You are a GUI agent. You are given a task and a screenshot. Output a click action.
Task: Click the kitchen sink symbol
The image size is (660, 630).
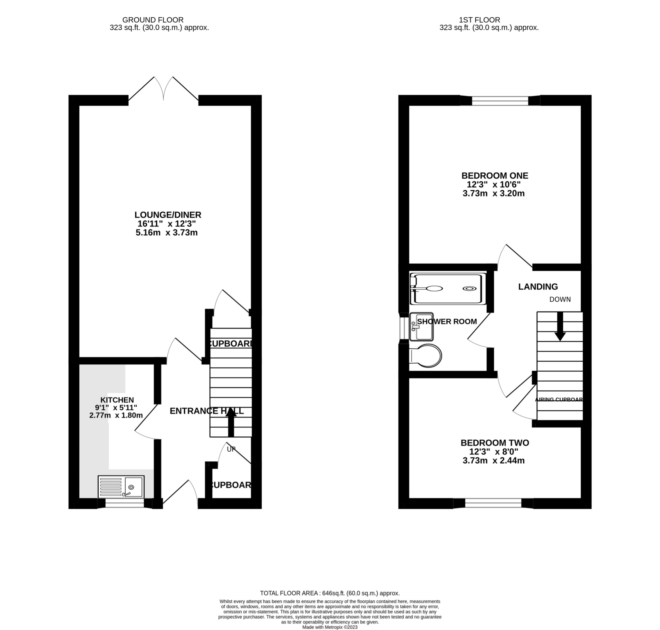[121, 486]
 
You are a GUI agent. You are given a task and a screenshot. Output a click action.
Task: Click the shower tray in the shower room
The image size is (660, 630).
[447, 289]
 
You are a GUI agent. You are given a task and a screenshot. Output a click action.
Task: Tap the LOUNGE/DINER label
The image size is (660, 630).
[168, 215]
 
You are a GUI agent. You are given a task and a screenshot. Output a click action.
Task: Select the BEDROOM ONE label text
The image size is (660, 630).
[494, 175]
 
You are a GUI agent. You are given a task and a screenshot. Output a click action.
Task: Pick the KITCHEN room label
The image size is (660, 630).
[117, 400]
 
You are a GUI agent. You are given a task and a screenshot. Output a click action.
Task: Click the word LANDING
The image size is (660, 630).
[538, 286]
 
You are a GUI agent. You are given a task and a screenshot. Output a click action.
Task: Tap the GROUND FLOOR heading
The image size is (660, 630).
[153, 20]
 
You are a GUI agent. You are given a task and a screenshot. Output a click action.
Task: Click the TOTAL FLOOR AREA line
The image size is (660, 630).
[330, 593]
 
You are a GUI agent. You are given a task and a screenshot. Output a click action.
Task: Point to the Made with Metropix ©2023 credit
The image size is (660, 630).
[330, 627]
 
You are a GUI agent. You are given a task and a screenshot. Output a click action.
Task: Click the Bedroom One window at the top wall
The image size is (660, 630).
[500, 100]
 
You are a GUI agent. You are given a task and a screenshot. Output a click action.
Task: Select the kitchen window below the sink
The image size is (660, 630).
[124, 503]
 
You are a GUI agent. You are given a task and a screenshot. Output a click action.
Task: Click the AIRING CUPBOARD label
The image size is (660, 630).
[558, 400]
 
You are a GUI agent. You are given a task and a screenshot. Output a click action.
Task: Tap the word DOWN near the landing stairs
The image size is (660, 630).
[560, 299]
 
